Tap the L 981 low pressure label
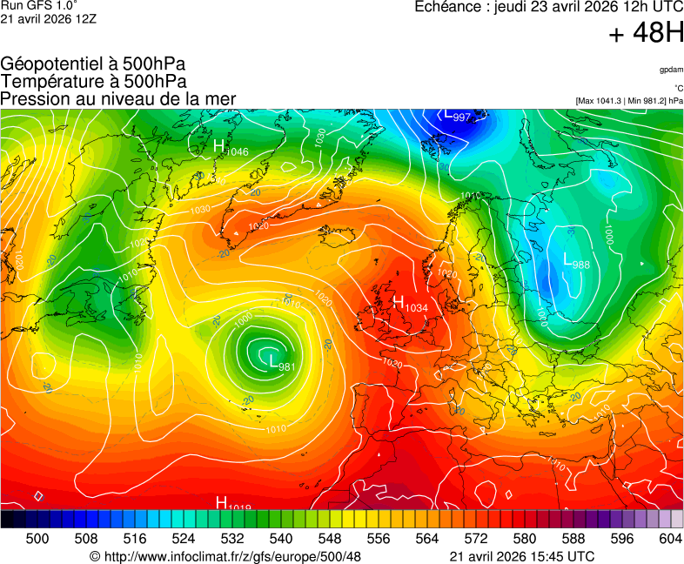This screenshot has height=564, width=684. click(x=283, y=364)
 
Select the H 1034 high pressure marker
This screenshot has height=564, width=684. click(x=410, y=304)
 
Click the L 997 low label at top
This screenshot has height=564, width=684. click(x=457, y=115)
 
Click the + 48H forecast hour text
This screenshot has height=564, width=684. click(x=646, y=33)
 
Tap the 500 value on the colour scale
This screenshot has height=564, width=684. click(x=37, y=540)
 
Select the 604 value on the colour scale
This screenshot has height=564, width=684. click(x=670, y=540)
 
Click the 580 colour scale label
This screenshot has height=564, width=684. click(x=524, y=540)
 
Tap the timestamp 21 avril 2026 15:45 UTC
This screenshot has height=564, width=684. click(x=522, y=556)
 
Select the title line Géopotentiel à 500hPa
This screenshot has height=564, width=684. click(x=93, y=64)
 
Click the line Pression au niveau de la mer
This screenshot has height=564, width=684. click(x=118, y=98)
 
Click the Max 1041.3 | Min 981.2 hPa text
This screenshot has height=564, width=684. click(x=629, y=101)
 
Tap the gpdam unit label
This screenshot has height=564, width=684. click(x=671, y=69)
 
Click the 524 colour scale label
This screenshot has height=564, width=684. click(x=184, y=540)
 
